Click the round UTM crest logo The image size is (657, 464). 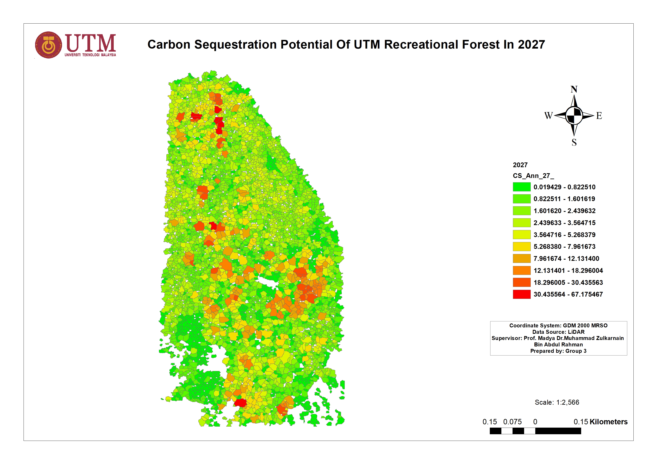coord(48,45)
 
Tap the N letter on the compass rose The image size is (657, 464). coord(574,89)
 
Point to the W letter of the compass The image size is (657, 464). coord(548,116)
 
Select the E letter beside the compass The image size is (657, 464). coord(599,116)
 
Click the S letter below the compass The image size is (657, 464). coord(574,142)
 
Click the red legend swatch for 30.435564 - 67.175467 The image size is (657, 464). coord(521,294)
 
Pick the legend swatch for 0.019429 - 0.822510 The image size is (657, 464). coord(521,187)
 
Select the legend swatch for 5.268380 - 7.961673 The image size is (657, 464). coord(521,246)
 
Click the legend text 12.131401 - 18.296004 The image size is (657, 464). coord(568,271)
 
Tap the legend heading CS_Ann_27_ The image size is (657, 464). coord(533,176)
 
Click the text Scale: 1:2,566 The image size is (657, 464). coord(557,402)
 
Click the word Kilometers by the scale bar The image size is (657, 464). coord(608,422)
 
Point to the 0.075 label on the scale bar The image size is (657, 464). coord(512,422)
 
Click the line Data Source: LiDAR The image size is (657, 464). coord(558,332)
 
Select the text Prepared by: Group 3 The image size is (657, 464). coord(558,351)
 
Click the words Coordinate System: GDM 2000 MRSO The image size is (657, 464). coord(558,326)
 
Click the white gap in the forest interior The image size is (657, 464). coord(268,282)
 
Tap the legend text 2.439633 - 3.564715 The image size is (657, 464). coord(564,223)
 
